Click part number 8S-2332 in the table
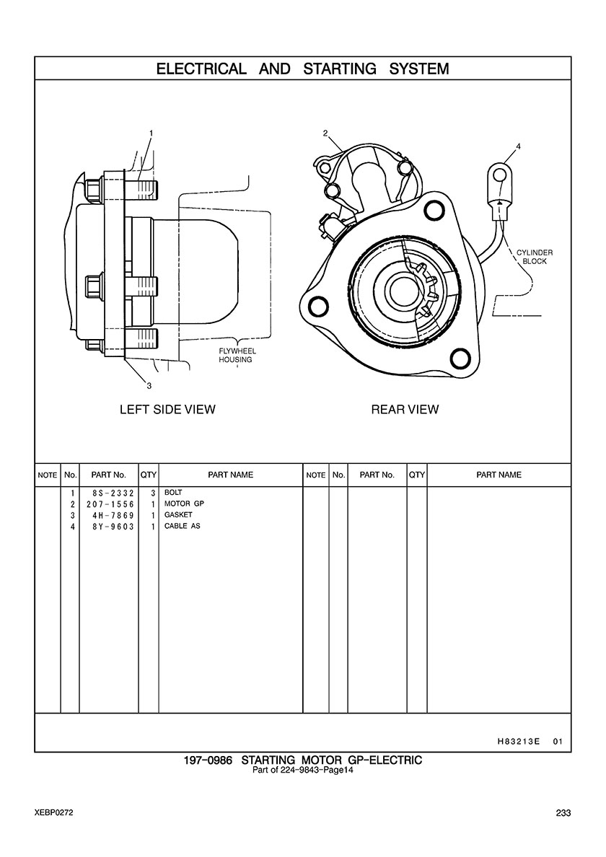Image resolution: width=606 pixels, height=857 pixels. [109, 492]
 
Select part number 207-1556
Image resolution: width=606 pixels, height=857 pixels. [109, 504]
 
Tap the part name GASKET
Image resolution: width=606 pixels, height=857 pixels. [178, 515]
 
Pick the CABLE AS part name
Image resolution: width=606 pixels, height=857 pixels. [182, 527]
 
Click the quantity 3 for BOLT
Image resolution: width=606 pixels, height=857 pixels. [153, 492]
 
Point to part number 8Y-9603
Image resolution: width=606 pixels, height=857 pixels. [109, 527]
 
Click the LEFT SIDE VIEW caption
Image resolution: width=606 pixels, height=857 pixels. [167, 410]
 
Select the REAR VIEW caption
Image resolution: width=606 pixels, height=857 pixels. [405, 410]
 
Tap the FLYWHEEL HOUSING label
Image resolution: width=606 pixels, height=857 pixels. [236, 356]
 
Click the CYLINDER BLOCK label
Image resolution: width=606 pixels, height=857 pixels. [535, 257]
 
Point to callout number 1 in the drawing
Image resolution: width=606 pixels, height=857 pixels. [151, 133]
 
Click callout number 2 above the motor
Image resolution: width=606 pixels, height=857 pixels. [325, 133]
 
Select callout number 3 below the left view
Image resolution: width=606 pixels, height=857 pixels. [149, 384]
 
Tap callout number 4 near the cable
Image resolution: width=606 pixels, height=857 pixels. [518, 146]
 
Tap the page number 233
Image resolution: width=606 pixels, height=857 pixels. [563, 813]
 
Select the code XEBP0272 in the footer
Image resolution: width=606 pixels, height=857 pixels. [53, 813]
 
